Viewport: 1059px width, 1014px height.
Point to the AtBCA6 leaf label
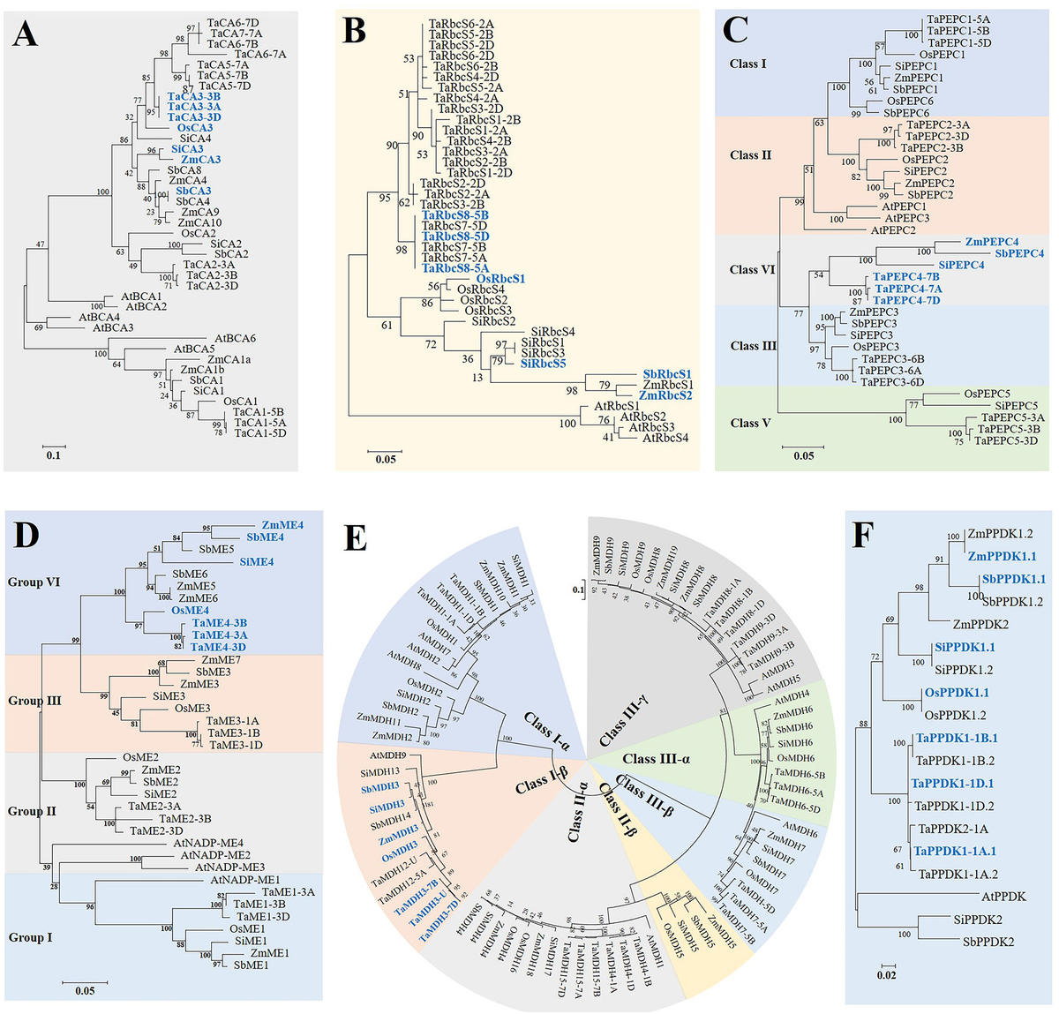pyautogui.click(x=235, y=339)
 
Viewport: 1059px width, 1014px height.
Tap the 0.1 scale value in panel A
pyautogui.click(x=54, y=455)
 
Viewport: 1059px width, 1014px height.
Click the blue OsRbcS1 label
pyautogui.click(x=500, y=279)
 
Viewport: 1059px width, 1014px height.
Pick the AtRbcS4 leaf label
pyautogui.click(x=665, y=438)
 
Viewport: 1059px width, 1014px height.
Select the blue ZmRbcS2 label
pyautogui.click(x=665, y=395)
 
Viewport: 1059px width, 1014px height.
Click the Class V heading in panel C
pyautogui.click(x=750, y=423)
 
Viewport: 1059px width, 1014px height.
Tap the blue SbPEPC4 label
pyautogui.click(x=1019, y=253)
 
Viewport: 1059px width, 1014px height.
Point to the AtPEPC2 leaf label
pyautogui.click(x=893, y=230)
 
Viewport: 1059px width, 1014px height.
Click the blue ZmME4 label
pyautogui.click(x=282, y=525)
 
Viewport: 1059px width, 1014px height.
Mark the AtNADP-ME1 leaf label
pyautogui.click(x=244, y=880)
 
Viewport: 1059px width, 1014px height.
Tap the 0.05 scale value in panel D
pyautogui.click(x=85, y=991)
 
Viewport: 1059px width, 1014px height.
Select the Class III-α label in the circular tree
pyautogui.click(x=651, y=759)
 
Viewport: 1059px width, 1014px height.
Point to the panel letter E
pyautogui.click(x=354, y=538)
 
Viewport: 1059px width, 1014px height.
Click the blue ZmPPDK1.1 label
pyautogui.click(x=1002, y=557)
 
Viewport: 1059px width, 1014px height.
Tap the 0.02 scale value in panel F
pyautogui.click(x=886, y=974)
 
